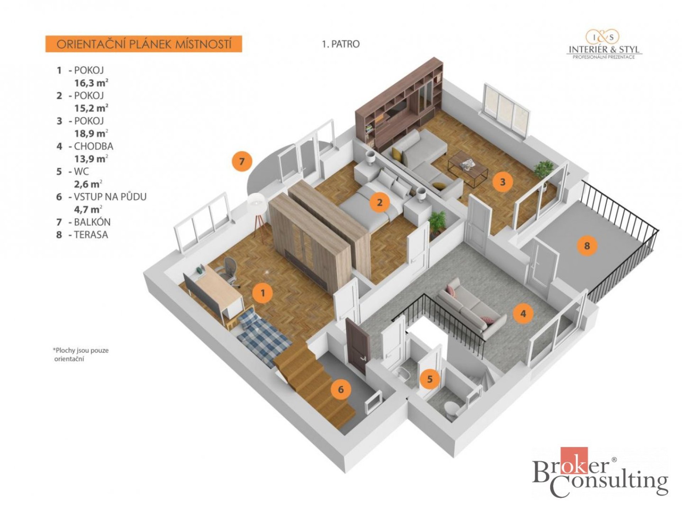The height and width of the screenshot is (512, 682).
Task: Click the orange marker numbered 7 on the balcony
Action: coord(242,161)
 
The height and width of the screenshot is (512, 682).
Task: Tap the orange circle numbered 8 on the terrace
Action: coord(586,245)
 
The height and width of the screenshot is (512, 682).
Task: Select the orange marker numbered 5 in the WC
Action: coord(430,379)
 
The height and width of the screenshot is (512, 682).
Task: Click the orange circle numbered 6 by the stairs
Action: coord(341,389)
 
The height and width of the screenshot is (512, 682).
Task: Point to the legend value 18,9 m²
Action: coord(91,134)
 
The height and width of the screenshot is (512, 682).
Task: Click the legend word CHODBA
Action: coord(93,146)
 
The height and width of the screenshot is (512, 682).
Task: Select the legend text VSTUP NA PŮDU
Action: coord(110,197)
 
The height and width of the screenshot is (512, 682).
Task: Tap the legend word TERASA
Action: coord(91,235)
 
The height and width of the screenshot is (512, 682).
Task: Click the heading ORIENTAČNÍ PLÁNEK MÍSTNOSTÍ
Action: coord(144,44)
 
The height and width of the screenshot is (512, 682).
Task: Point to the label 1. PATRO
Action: coord(341,44)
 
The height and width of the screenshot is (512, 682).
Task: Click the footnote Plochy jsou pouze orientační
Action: coord(81,354)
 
